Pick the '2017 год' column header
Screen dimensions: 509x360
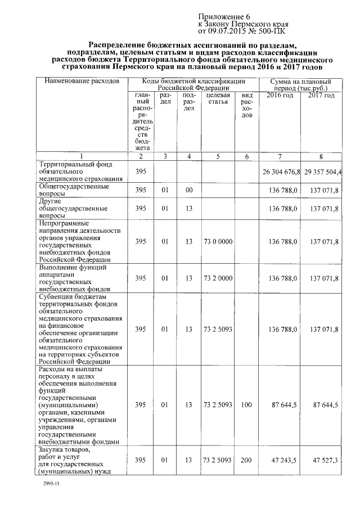(321, 96)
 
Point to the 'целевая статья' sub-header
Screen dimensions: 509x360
(217, 99)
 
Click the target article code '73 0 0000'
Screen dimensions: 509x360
(217, 241)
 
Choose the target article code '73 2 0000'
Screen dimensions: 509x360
(217, 278)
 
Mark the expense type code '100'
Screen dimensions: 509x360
(246, 404)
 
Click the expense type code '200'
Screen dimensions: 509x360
(246, 460)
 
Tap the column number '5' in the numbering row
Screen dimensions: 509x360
(217, 156)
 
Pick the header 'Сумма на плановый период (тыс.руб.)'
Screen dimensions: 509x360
(300, 85)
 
